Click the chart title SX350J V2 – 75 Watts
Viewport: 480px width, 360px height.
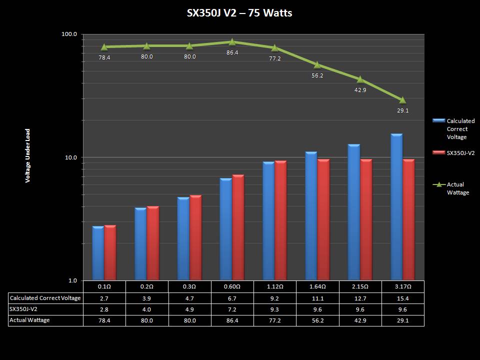239,13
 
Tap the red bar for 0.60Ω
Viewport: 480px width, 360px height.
238,227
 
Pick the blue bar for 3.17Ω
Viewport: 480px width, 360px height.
396,207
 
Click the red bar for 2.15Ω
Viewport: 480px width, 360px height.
366,219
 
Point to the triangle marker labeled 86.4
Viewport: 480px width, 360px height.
232,42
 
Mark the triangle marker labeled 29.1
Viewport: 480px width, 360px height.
402,100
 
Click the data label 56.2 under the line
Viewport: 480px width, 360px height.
317,76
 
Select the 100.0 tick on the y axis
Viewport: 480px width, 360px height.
68,34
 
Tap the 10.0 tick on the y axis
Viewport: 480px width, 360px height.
70,157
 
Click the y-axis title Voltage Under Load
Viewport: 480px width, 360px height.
28,155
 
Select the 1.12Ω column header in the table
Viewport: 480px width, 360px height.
275,287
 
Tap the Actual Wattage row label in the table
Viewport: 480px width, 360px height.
30,320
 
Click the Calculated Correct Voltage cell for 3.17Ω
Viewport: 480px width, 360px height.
402,298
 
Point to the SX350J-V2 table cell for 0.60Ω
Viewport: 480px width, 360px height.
232,309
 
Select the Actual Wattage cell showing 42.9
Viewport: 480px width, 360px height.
360,320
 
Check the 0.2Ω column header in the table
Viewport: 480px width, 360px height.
147,287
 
